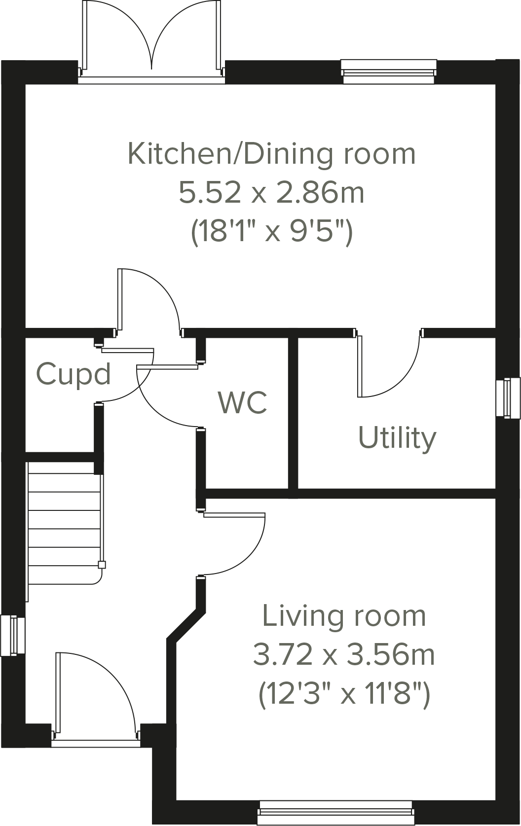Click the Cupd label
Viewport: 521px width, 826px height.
(x=74, y=374)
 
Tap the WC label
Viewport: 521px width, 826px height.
(x=243, y=402)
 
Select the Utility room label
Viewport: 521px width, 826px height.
(x=397, y=438)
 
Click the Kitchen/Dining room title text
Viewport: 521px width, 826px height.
(x=271, y=154)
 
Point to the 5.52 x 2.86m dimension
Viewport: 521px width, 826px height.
(x=271, y=193)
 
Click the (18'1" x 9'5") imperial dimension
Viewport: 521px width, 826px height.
(x=271, y=231)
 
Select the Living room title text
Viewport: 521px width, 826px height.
(x=344, y=616)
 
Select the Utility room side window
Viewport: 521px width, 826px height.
(x=508, y=398)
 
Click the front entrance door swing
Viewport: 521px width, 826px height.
(x=94, y=695)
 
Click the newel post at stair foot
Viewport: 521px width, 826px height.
(x=102, y=565)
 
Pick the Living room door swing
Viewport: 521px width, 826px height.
(x=234, y=542)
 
